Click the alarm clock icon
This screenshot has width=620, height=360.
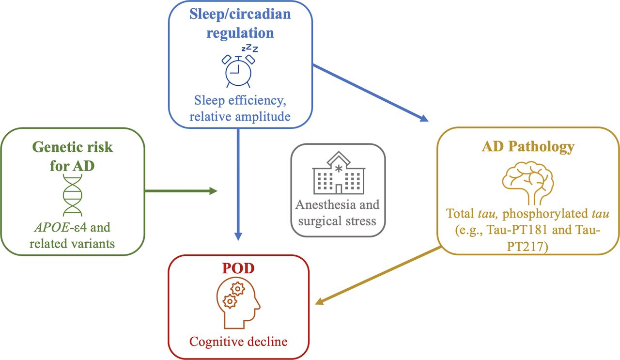tap(238, 71)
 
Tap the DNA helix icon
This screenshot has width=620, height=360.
tap(73, 195)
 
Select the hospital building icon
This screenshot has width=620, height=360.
tap(339, 173)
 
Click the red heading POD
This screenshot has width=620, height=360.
tap(238, 268)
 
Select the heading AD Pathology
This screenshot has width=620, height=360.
tap(528, 147)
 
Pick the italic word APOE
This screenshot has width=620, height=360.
tap(52, 227)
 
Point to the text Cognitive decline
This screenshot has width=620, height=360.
tap(238, 342)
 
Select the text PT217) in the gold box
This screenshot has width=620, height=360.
tap(527, 247)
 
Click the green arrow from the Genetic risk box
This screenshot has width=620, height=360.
tap(181, 191)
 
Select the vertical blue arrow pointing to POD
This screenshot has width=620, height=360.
tap(238, 185)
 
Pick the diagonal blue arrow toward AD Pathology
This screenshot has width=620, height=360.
tap(371, 93)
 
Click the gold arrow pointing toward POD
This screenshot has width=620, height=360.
tap(378, 276)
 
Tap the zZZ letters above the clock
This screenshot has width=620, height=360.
tap(249, 48)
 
